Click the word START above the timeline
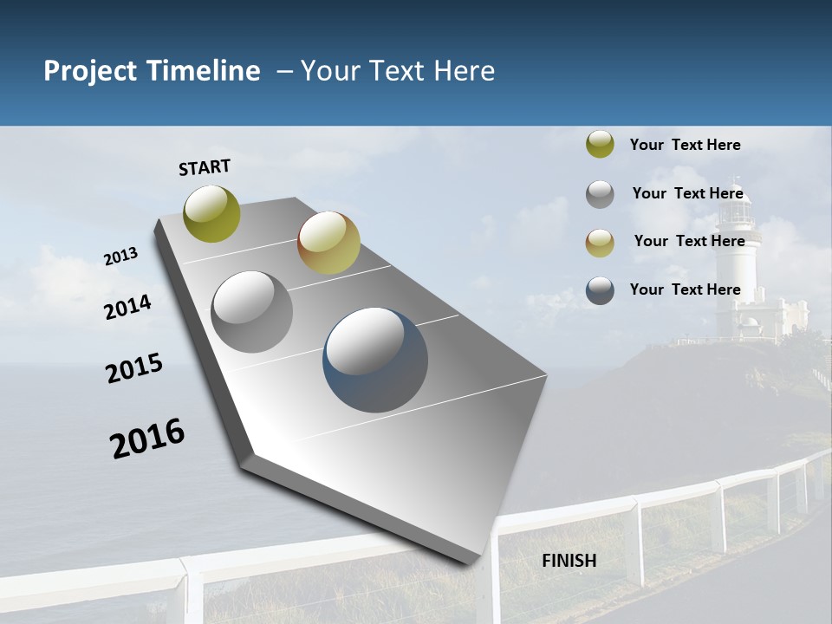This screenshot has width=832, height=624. coord(205,167)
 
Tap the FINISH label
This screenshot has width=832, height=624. coord(569,561)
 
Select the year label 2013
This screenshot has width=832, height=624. coord(121,256)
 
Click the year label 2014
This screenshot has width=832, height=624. coord(128,307)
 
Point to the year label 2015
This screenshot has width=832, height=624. coord(134,368)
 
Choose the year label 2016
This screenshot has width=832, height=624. coord(147,438)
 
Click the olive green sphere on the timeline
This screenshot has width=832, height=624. coord(211,213)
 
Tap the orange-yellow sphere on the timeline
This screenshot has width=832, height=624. coord(328,243)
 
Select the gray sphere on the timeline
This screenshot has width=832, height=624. coord(251,312)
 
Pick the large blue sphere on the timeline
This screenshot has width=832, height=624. coord(375,360)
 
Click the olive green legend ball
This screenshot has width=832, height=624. coord(600,145)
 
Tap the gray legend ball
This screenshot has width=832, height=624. coord(600,194)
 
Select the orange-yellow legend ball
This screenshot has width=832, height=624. coord(600,243)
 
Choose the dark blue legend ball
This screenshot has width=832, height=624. coord(600,290)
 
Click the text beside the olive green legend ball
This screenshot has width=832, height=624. coord(685,145)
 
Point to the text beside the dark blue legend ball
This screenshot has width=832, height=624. coord(685,289)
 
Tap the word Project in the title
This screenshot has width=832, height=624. coord(91,71)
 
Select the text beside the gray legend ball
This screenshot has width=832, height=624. coord(687,193)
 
